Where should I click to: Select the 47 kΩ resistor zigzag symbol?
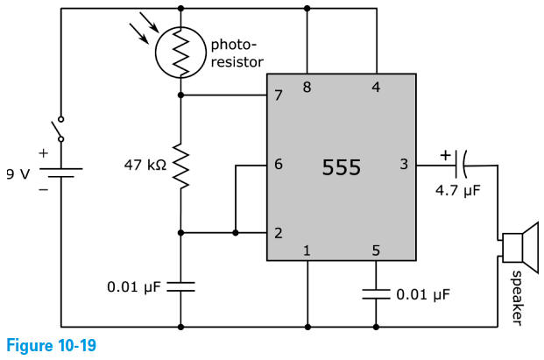tap(180, 166)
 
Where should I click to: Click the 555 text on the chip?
tap(341, 167)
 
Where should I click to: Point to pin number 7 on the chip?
tap(279, 95)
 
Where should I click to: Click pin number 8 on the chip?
tap(307, 87)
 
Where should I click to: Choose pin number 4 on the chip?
tap(377, 87)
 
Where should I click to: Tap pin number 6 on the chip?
tap(279, 164)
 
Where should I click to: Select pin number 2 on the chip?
tap(279, 233)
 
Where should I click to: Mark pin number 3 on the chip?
tap(404, 164)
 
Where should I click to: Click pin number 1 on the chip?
tap(307, 251)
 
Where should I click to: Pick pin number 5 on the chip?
tap(376, 251)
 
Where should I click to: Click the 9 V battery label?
tap(18, 173)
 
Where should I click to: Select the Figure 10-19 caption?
tap(49, 347)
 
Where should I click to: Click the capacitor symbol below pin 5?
tap(377, 293)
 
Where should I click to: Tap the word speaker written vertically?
tap(516, 295)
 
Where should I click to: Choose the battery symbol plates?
tap(60, 173)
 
